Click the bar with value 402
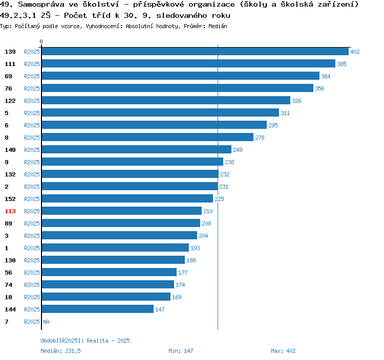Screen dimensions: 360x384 click(x=195, y=52)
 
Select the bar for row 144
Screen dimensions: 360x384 click(x=97, y=309)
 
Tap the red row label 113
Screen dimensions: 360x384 click(x=10, y=211)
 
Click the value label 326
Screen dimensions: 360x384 click(x=296, y=101)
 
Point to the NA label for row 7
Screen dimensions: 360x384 click(x=46, y=322)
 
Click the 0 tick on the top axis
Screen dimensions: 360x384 click(x=41, y=42)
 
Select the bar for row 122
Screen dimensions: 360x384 click(x=165, y=101)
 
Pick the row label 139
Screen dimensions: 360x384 click(x=10, y=52)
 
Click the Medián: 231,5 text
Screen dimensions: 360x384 click(x=60, y=351)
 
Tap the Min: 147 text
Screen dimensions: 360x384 click(x=181, y=351)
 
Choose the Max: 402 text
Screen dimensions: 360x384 click(x=283, y=351)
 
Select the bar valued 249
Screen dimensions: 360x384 click(x=136, y=150)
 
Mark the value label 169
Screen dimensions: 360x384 click(x=177, y=297)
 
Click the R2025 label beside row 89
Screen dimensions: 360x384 click(x=32, y=223)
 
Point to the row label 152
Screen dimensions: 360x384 click(x=10, y=199)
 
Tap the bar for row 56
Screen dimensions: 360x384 click(x=109, y=273)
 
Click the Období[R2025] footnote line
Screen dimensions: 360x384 click(x=85, y=341)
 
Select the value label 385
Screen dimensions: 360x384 click(x=342, y=64)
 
